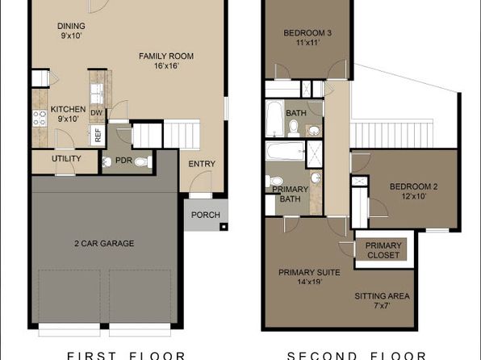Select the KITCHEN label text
(68, 110)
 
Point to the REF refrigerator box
(98, 136)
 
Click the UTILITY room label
(65, 158)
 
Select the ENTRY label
(201, 164)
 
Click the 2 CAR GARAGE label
(105, 243)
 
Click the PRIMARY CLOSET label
(383, 251)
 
